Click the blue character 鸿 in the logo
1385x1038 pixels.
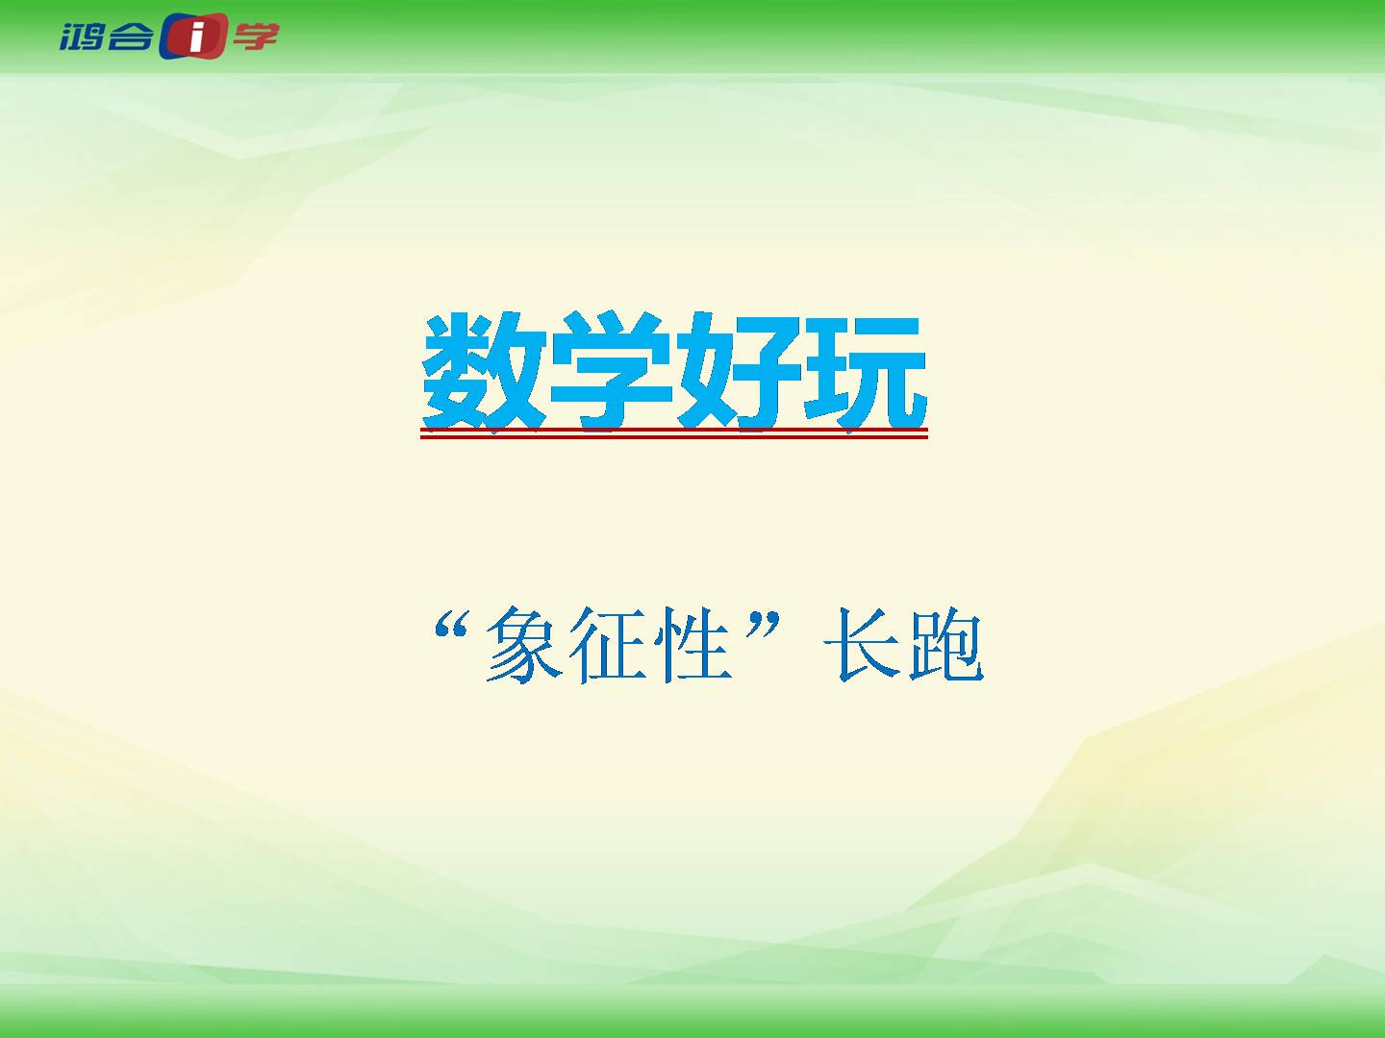pos(82,37)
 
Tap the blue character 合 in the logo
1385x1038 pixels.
pos(130,37)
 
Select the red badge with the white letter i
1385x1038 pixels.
pos(193,36)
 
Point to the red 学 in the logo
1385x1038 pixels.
pos(256,37)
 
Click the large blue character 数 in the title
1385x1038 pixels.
pos(484,371)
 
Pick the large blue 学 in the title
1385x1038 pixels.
pos(611,371)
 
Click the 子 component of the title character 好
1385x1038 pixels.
pos(768,371)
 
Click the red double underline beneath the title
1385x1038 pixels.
pos(674,432)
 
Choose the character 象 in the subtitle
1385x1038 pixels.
pos(524,644)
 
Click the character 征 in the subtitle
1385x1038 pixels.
pos(608,645)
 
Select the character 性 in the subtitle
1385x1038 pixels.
pos(692,645)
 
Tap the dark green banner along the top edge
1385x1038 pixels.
pos(692,37)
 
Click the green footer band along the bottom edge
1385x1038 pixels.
pos(692,1011)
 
